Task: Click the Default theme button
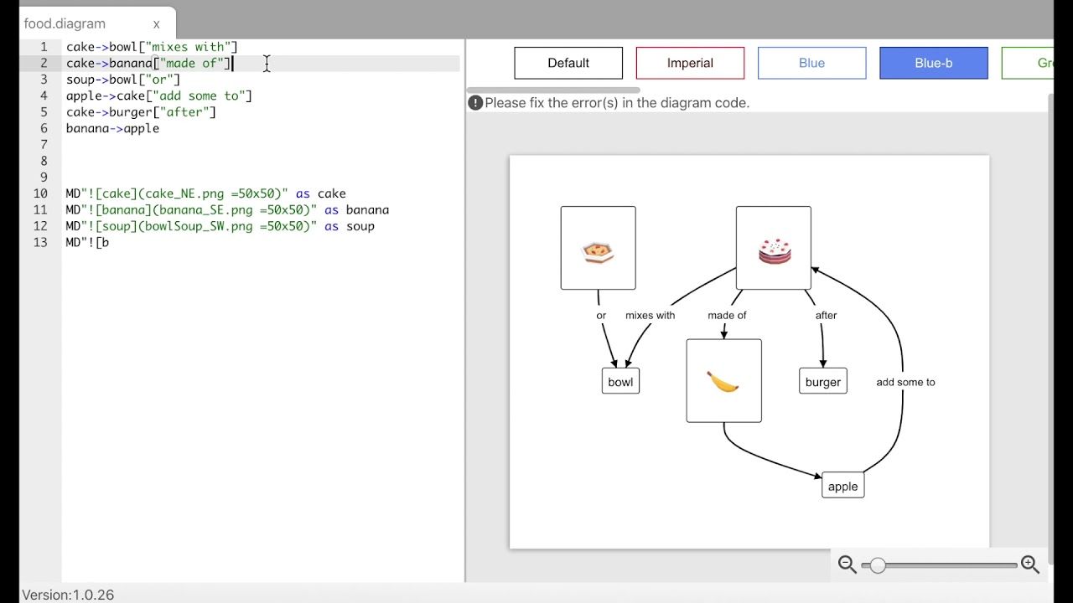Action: click(x=568, y=63)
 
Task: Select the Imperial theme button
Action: click(x=690, y=63)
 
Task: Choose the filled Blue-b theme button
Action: click(x=933, y=63)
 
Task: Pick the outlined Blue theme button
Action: click(x=811, y=63)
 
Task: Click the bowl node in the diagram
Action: click(x=620, y=382)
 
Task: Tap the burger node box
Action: click(x=822, y=382)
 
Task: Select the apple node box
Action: click(x=842, y=486)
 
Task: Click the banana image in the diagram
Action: click(x=723, y=381)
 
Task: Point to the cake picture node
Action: click(x=774, y=249)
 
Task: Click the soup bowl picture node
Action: click(x=598, y=249)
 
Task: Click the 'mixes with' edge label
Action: click(x=650, y=316)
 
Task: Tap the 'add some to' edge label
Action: click(x=905, y=382)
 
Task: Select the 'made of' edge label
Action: click(x=727, y=316)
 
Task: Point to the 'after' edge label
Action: click(x=826, y=316)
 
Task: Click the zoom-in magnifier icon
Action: click(x=1030, y=565)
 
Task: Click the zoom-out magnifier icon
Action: click(x=847, y=565)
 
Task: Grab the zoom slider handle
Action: click(x=877, y=565)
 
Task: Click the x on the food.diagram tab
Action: click(x=156, y=24)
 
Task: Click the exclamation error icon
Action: click(x=475, y=103)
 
